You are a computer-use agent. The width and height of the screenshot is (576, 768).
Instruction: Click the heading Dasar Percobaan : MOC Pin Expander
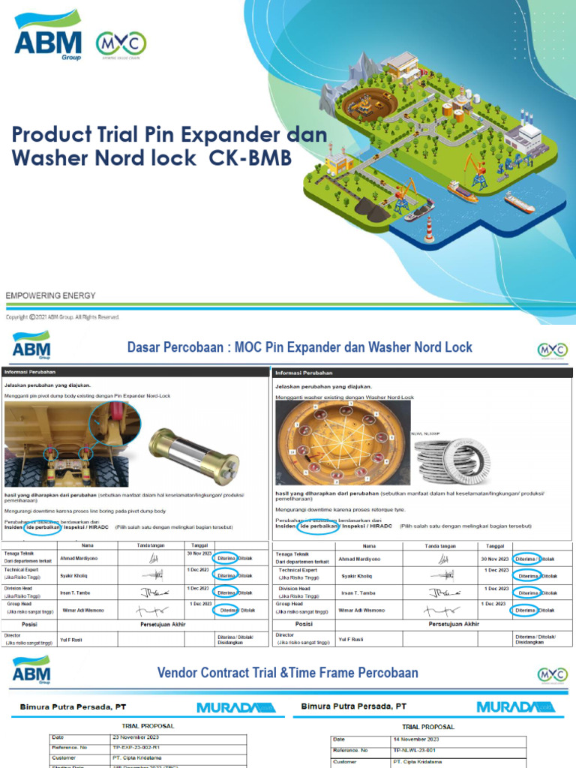coord(300,347)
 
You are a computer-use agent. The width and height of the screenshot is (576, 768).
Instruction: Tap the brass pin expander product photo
coord(193,454)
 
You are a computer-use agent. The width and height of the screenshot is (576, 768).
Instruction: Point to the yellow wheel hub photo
coord(343,442)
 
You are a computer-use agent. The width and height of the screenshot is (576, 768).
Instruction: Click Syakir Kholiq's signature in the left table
coord(156,575)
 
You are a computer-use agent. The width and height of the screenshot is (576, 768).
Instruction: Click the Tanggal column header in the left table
coord(199,545)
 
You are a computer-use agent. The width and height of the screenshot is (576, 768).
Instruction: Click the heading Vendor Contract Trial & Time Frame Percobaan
coord(288,673)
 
